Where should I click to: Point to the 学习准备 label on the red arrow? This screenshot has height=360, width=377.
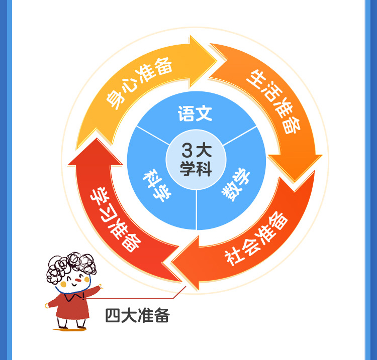click(x=115, y=221)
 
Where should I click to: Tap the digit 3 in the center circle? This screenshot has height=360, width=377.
click(x=187, y=150)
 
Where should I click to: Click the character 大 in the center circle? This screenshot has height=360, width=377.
click(x=205, y=150)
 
